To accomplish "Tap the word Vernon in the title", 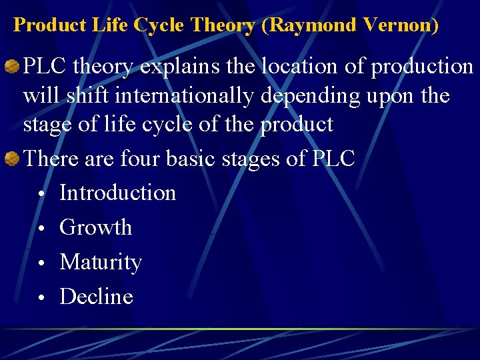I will (x=402, y=25).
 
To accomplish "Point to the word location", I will (x=266, y=66).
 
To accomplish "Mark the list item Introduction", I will (x=118, y=193).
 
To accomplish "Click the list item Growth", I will (x=96, y=227).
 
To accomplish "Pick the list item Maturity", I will (x=101, y=262).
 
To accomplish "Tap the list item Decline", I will (x=97, y=297).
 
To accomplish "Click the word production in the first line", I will (x=422, y=66).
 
